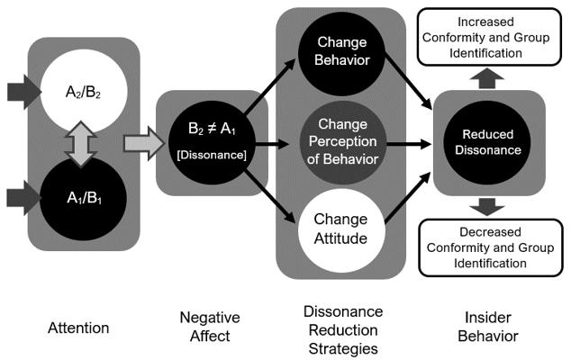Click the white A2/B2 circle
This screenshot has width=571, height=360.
pyautogui.click(x=84, y=92)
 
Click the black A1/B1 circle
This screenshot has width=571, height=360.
pyautogui.click(x=84, y=198)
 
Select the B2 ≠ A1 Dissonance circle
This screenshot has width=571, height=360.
pyautogui.click(x=212, y=142)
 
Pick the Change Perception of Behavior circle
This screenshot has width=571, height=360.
pyautogui.click(x=342, y=142)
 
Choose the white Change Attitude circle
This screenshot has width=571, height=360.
pyautogui.click(x=341, y=229)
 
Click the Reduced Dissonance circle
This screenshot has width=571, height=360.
pyautogui.click(x=487, y=142)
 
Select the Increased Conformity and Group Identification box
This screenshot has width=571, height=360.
pyautogui.click(x=489, y=37)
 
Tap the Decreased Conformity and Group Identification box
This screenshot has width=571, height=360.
pyautogui.click(x=491, y=247)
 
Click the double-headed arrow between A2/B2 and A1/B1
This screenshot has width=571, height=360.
pyautogui.click(x=80, y=145)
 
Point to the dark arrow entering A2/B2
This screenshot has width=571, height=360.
pyautogui.click(x=24, y=92)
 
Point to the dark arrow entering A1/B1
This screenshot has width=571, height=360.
pyautogui.click(x=24, y=198)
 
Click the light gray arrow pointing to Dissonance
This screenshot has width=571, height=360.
pyautogui.click(x=144, y=143)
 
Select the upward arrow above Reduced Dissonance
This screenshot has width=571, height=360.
pyautogui.click(x=487, y=78)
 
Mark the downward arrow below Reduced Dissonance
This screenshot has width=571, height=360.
pyautogui.click(x=487, y=207)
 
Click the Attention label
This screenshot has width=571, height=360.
pyautogui.click(x=78, y=328)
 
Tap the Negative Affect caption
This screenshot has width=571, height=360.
pyautogui.click(x=210, y=327)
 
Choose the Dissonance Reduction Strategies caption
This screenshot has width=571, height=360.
pyautogui.click(x=343, y=329)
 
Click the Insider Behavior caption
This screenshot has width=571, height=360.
pyautogui.click(x=488, y=327)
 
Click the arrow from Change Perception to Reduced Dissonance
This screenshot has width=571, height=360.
pyautogui.click(x=409, y=144)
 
